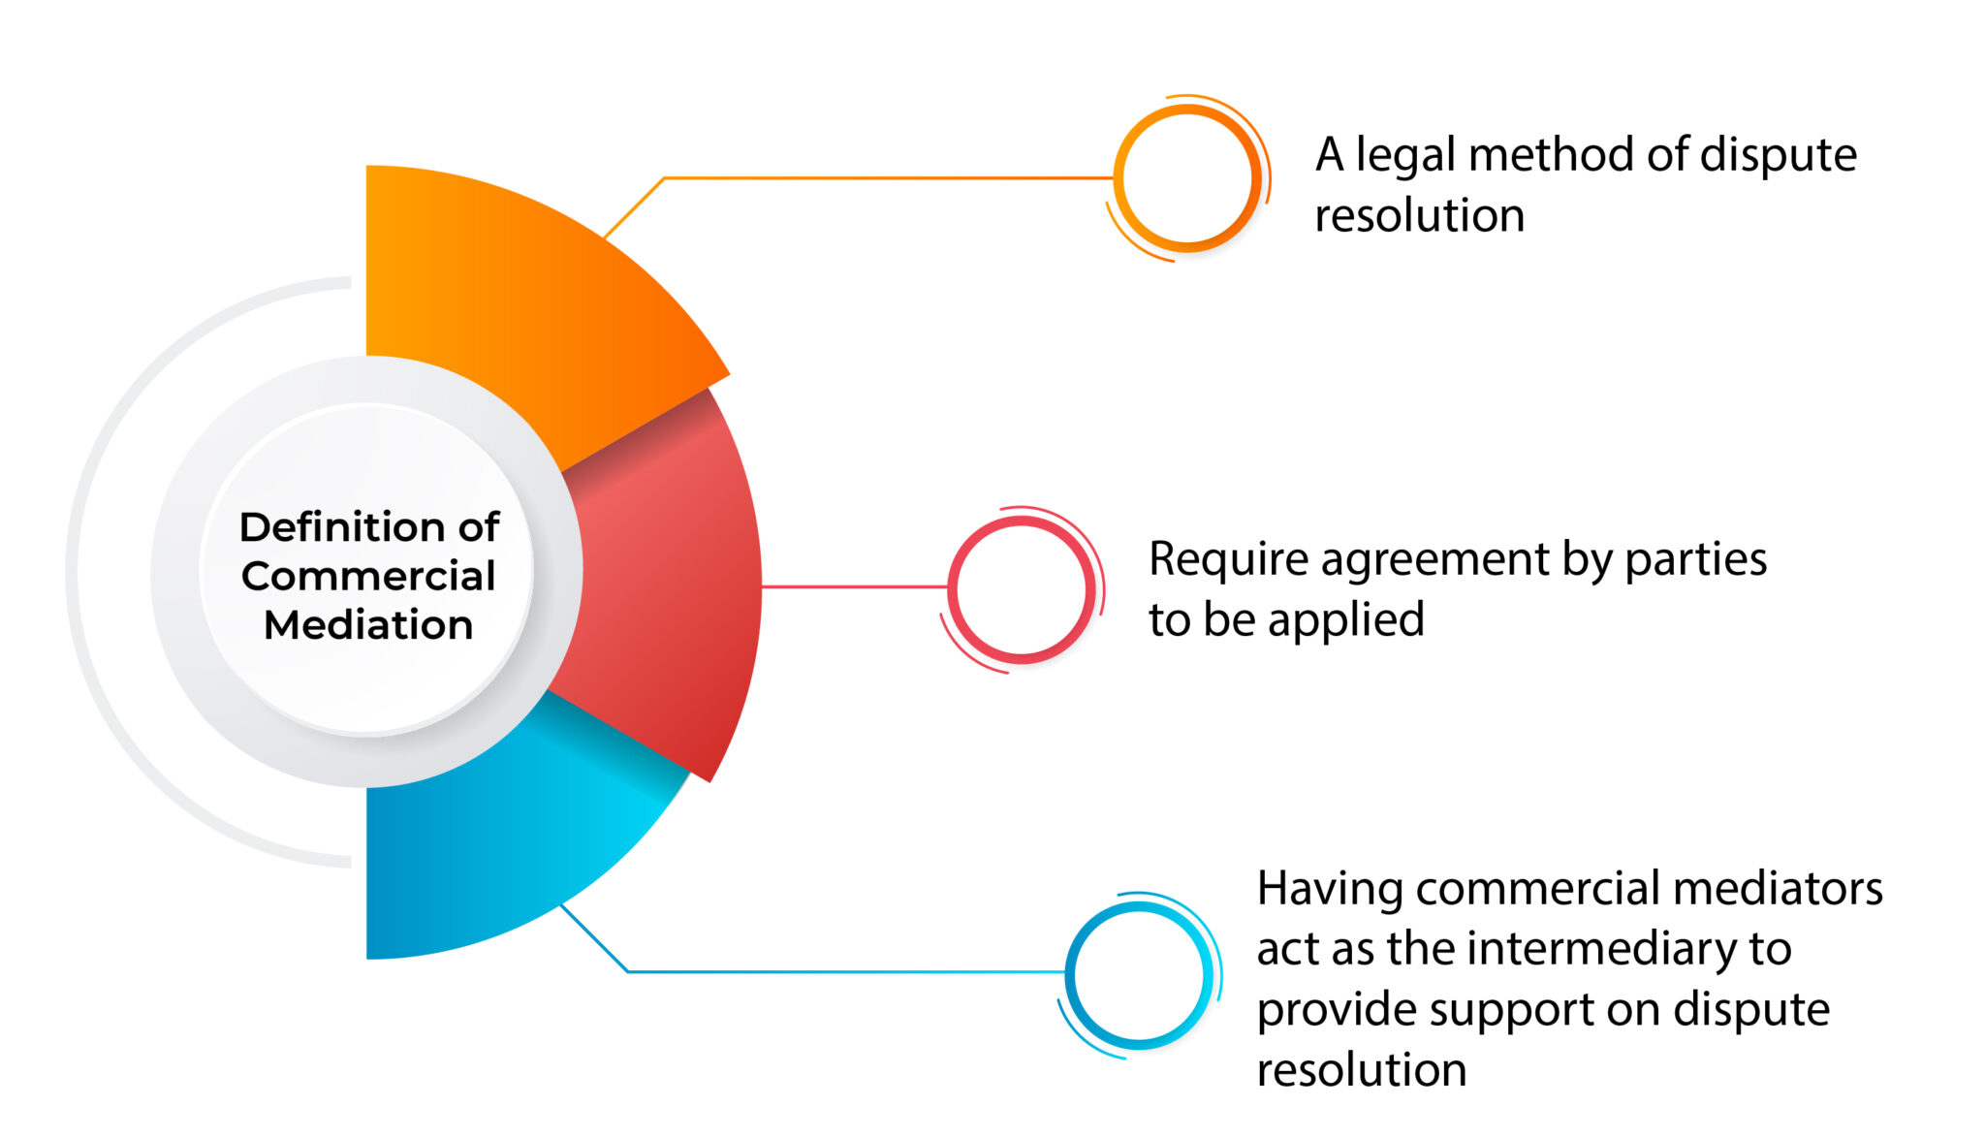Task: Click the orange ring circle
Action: coord(1187,178)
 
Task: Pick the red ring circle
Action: coord(1022,588)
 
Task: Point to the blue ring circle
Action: coord(1139,974)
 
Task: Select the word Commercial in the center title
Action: coord(368,576)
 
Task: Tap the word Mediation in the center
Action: coord(368,625)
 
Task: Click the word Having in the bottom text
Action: coord(1329,889)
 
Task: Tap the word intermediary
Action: coord(1610,949)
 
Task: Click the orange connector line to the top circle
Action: coord(872,178)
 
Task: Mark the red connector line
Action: coord(853,586)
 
